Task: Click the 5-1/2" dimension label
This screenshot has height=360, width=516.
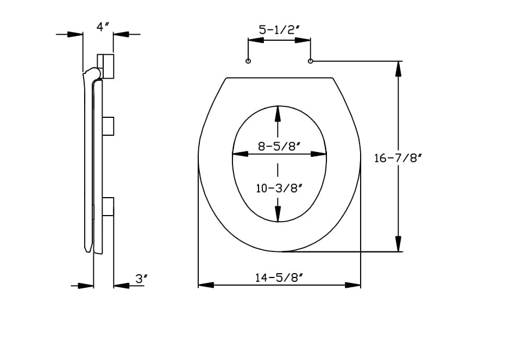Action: click(x=279, y=30)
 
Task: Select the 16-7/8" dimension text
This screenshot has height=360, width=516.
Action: click(x=398, y=158)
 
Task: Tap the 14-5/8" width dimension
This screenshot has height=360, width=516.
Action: click(x=279, y=277)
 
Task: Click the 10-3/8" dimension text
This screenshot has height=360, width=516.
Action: click(x=279, y=188)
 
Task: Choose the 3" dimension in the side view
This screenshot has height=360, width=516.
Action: click(x=141, y=279)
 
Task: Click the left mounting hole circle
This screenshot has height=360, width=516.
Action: click(x=248, y=61)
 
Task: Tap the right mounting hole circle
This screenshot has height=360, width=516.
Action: click(x=311, y=61)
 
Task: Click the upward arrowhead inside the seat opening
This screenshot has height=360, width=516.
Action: click(x=278, y=114)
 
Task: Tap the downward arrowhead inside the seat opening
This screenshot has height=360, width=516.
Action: click(x=278, y=214)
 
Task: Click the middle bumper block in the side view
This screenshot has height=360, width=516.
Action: click(x=108, y=125)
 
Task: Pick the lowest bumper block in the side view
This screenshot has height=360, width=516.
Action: click(x=108, y=207)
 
